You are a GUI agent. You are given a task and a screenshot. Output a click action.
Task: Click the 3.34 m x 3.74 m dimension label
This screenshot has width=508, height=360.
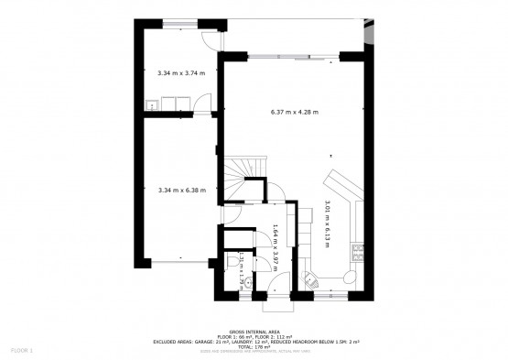(180, 71)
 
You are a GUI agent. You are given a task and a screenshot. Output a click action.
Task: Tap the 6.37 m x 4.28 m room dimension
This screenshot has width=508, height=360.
(294, 112)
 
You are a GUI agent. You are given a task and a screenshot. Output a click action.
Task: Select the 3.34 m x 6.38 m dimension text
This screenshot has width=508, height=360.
(181, 191)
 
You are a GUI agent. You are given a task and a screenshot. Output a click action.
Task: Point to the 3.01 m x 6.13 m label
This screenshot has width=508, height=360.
(328, 224)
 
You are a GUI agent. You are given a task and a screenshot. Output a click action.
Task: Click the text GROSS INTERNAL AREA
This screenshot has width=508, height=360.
(254, 330)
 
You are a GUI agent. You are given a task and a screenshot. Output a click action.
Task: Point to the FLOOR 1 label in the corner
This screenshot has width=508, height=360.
(21, 350)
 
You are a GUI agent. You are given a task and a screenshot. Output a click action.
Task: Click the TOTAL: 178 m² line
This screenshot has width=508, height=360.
(254, 347)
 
